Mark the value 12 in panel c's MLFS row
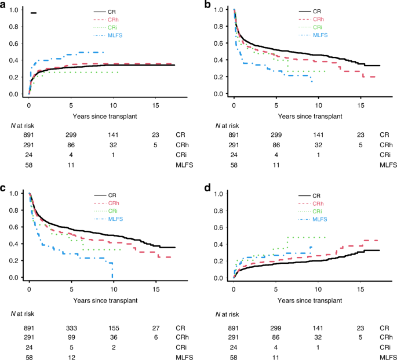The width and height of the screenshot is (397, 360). click(x=71, y=357)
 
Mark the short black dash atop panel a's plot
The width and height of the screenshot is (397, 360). click(x=34, y=13)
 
